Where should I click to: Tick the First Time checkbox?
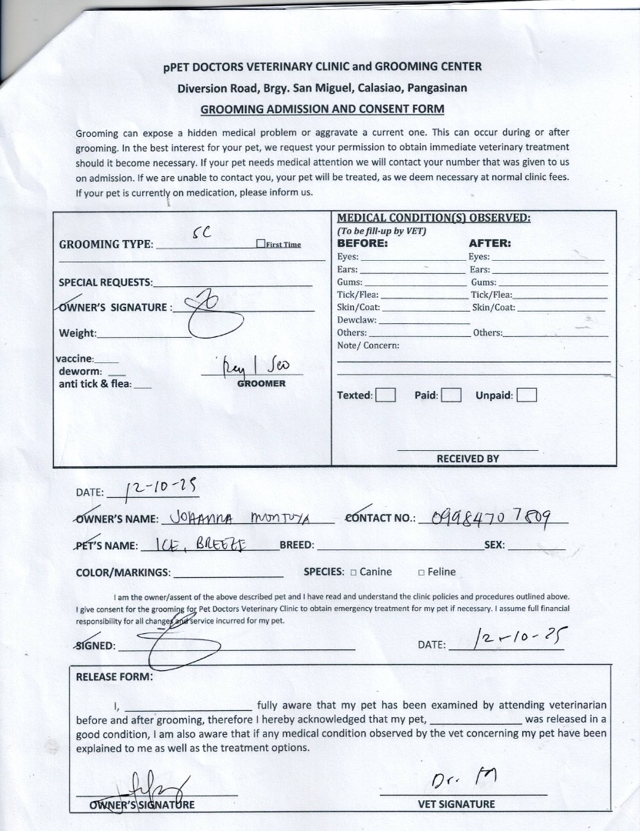tap(261, 244)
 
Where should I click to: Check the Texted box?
tap(385, 395)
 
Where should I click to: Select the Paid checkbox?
tap(452, 395)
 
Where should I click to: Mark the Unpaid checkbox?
tap(527, 395)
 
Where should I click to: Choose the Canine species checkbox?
tap(353, 572)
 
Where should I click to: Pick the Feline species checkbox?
tap(421, 572)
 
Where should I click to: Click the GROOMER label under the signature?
tap(261, 383)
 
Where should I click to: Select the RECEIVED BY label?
tap(468, 459)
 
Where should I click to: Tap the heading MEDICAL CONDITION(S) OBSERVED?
tap(434, 218)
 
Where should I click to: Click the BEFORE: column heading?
tap(362, 243)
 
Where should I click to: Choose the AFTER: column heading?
tap(489, 243)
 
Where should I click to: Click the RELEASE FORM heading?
tap(114, 677)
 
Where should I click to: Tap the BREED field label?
tap(297, 546)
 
